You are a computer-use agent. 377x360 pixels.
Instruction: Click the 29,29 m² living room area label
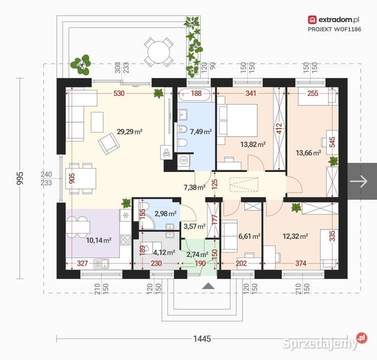pos(130,131)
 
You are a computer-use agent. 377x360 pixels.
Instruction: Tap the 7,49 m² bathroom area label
pos(201,131)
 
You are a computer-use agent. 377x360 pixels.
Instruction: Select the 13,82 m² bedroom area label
pos(253,144)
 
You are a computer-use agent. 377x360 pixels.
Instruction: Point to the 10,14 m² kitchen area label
pos(98,240)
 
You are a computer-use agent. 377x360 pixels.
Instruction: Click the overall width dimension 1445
pos(202,339)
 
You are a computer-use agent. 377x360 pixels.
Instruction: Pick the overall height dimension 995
pos(20,178)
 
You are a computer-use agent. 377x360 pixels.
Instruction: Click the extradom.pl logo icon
pos(312,20)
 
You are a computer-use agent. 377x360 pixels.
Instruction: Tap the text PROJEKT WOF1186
pos(334,29)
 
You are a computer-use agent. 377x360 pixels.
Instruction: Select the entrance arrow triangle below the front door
pos(208,285)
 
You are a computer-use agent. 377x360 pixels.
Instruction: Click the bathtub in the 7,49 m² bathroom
pos(196,94)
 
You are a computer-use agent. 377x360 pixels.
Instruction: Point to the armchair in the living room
pos(109,143)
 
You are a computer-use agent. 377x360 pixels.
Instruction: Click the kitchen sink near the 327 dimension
pos(101,264)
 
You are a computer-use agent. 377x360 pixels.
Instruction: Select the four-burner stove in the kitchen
pos(125,240)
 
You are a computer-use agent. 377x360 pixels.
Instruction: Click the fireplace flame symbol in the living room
pos(166,152)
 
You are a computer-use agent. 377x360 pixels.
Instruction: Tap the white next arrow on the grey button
pos(358,181)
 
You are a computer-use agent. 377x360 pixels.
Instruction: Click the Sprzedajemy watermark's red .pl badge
pos(361,337)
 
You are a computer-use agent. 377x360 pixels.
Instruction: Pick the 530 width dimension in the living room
pos(119,93)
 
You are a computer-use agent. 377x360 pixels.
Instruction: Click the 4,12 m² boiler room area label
pos(164,252)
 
